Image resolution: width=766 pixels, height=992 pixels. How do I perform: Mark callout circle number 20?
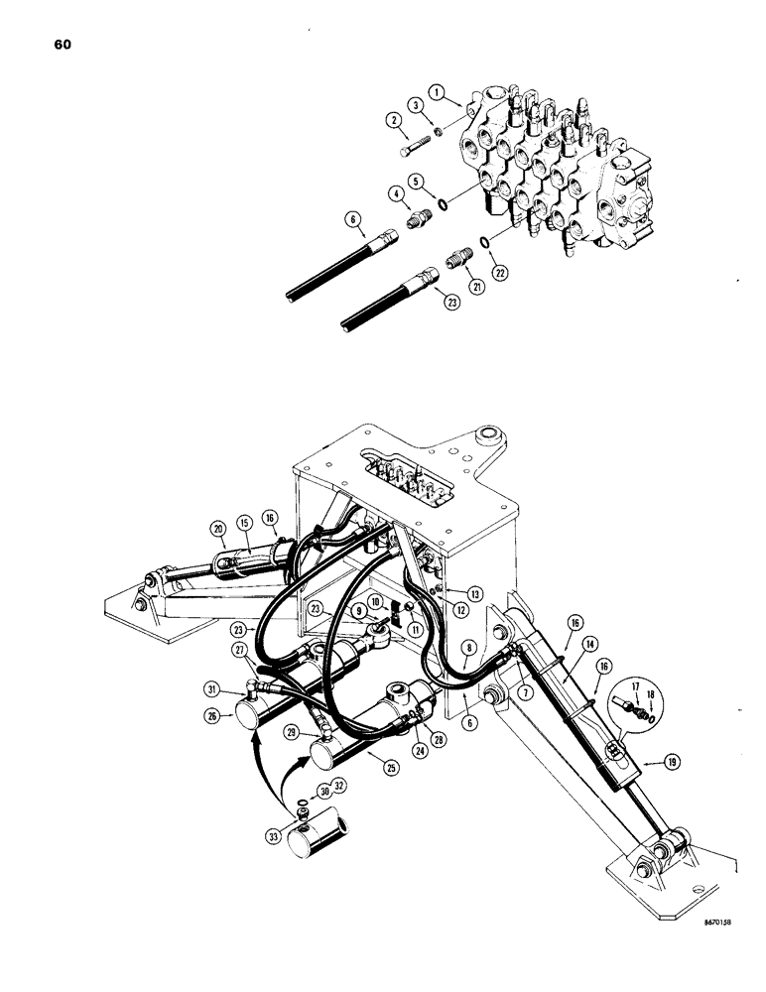[217, 528]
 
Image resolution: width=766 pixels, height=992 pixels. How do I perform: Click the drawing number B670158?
[704, 949]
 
